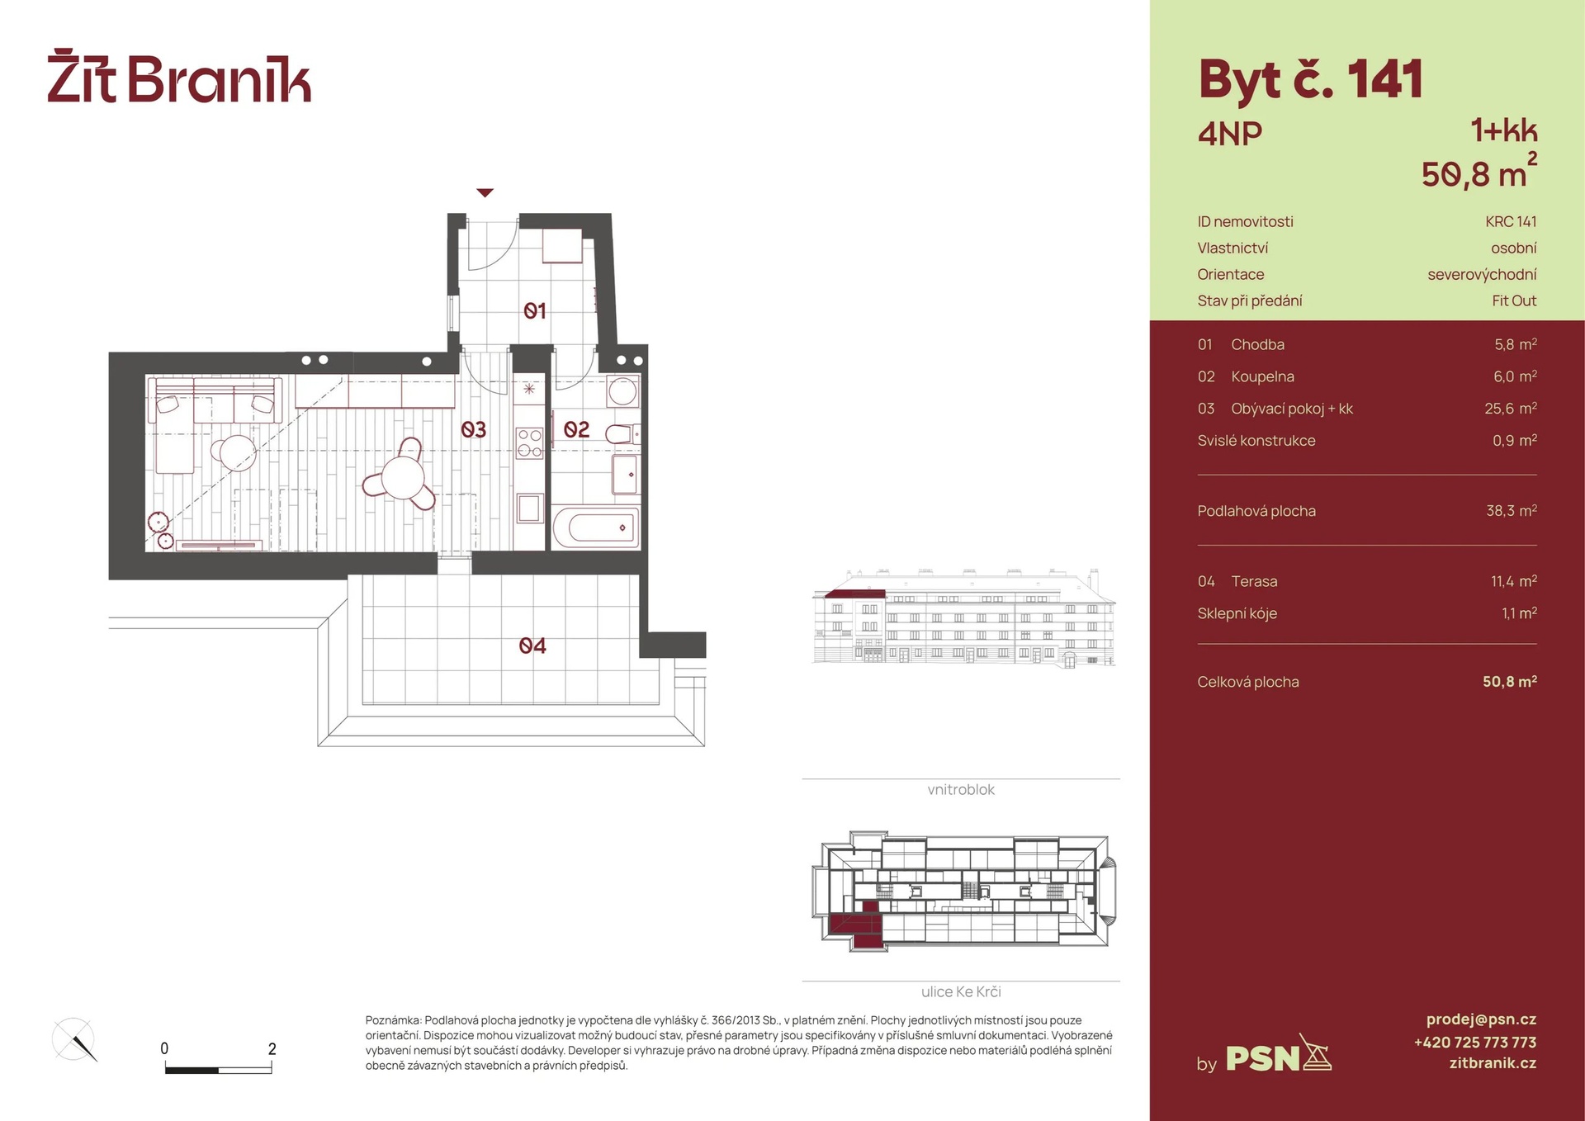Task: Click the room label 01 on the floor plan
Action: [x=535, y=311]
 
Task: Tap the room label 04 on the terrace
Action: [x=532, y=646]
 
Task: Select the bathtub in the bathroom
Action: [x=595, y=527]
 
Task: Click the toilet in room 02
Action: [x=622, y=434]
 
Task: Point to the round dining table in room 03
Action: [x=403, y=477]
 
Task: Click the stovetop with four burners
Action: [x=529, y=442]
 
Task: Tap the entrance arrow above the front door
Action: [x=485, y=193]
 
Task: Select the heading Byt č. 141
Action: [x=1310, y=81]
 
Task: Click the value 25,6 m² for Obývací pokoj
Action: [x=1510, y=409]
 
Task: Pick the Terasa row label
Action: [x=1254, y=581]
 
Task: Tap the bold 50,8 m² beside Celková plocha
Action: [x=1509, y=682]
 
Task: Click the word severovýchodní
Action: [x=1482, y=275]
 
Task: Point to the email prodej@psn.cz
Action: [x=1481, y=1019]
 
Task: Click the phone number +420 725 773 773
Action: [x=1475, y=1043]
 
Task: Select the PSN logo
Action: [x=1278, y=1054]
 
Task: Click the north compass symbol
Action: [x=74, y=1039]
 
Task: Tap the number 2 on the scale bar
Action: [x=272, y=1049]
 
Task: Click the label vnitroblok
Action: [x=961, y=790]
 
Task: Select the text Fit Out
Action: [x=1514, y=301]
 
